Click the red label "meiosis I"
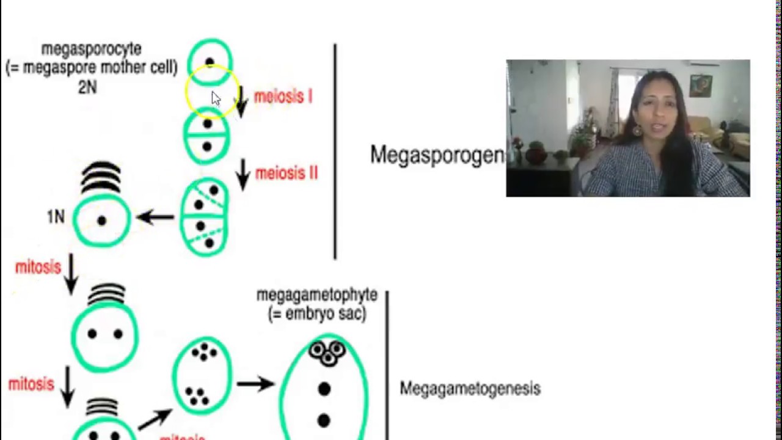click(x=283, y=97)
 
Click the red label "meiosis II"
click(x=287, y=174)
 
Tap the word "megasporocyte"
click(x=91, y=49)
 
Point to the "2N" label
click(x=87, y=87)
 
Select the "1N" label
click(x=56, y=217)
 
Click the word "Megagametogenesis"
click(x=470, y=389)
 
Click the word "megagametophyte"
click(x=316, y=295)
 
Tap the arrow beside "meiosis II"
click(x=243, y=174)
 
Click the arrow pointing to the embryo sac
click(x=255, y=384)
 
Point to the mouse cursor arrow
click(x=216, y=99)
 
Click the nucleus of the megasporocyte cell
click(x=210, y=62)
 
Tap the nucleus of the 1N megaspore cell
click(x=101, y=221)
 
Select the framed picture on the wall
click(x=700, y=86)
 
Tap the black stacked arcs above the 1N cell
click(x=101, y=177)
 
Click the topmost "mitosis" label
click(x=38, y=267)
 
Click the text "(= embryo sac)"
click(x=316, y=313)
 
